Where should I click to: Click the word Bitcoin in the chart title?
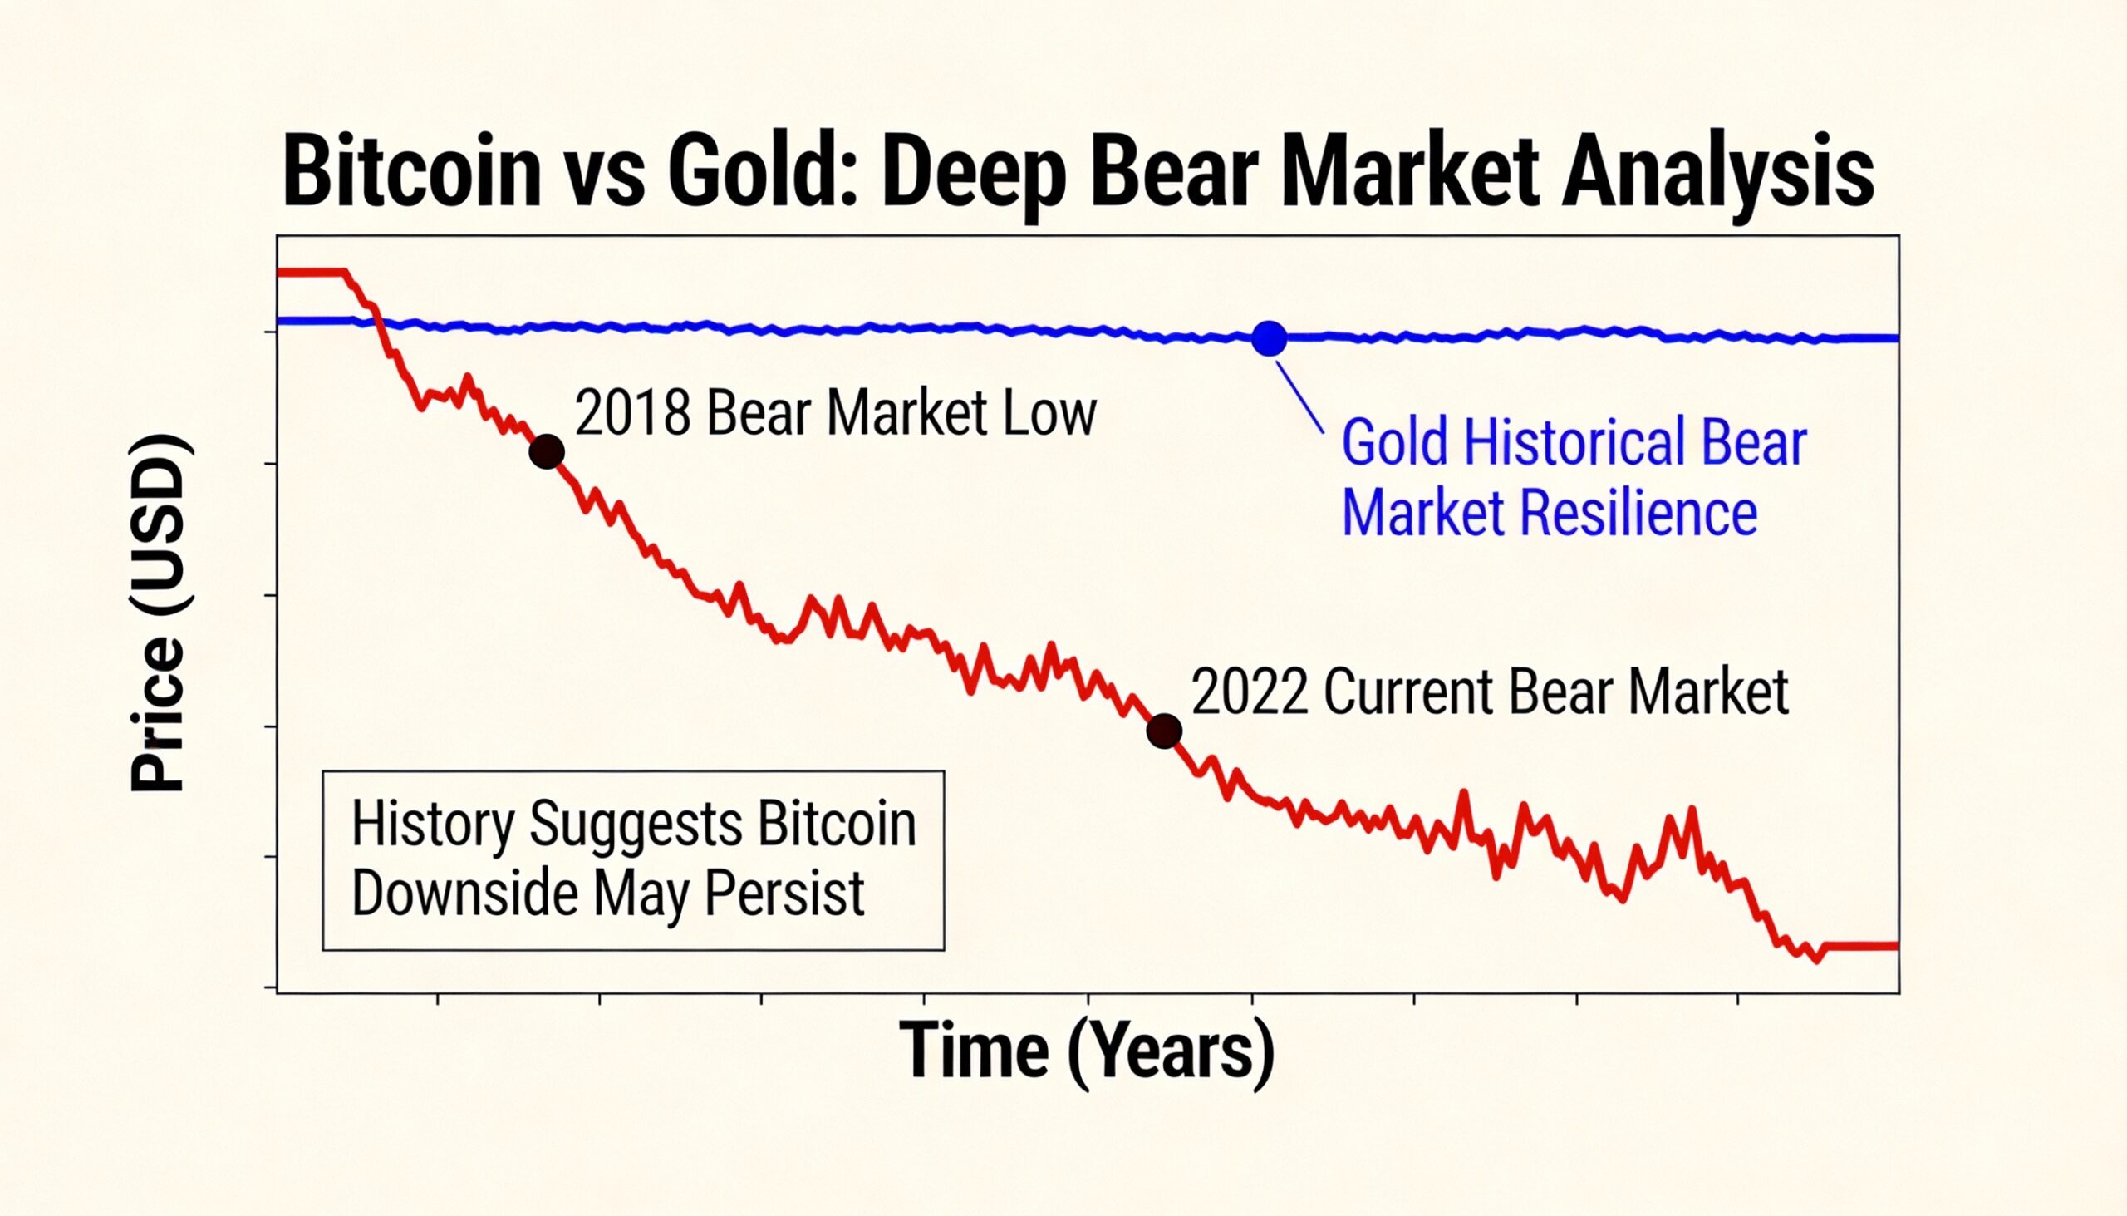point(411,173)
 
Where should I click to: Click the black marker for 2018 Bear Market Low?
point(547,452)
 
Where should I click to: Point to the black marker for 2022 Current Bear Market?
point(1164,731)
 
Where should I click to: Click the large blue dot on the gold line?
point(1269,338)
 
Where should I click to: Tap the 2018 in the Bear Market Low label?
point(633,413)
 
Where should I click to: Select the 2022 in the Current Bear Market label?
point(1249,692)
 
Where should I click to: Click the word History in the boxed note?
point(432,825)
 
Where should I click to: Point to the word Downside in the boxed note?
point(464,894)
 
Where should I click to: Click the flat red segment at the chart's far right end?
point(1862,946)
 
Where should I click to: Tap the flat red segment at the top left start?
point(311,273)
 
